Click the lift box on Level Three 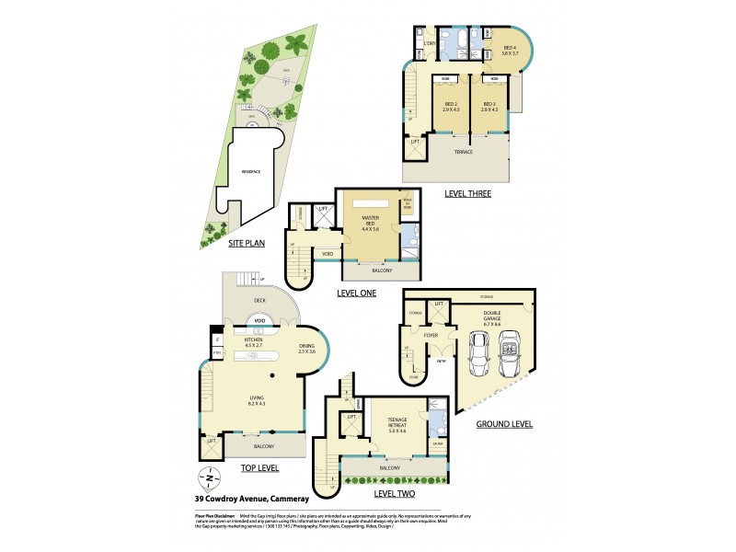click(x=415, y=142)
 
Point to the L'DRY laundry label click(x=429, y=44)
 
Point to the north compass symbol click(x=211, y=478)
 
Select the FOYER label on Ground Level click(x=431, y=336)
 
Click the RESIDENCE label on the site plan click(x=250, y=171)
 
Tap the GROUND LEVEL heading click(x=504, y=424)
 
